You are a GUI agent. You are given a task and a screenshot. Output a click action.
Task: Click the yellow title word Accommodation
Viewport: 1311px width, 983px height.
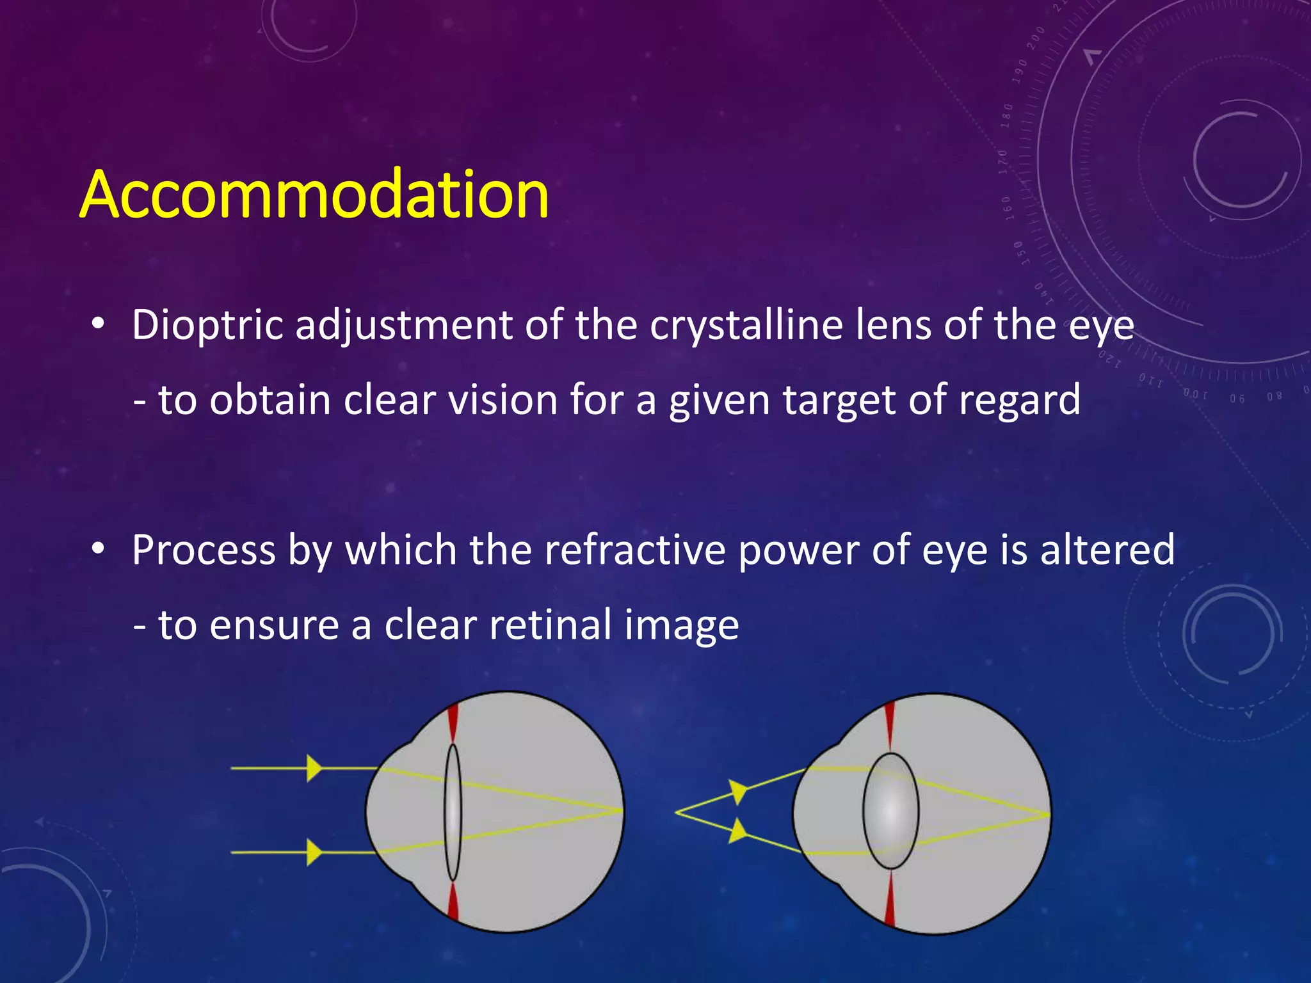point(314,194)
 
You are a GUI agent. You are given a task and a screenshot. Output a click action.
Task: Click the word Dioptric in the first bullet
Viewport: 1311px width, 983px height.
point(207,325)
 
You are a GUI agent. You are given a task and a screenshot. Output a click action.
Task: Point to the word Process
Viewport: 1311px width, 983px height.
point(203,550)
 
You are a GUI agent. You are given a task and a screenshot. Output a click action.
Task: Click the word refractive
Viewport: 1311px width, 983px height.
point(634,550)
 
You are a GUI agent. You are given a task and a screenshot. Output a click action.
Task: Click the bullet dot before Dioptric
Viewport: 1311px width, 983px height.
point(97,324)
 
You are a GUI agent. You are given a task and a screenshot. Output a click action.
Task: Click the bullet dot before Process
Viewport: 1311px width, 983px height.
point(97,548)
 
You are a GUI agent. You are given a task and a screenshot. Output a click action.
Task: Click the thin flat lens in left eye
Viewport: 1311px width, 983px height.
point(453,811)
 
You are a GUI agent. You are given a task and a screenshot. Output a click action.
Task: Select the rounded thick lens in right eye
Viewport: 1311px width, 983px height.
point(890,811)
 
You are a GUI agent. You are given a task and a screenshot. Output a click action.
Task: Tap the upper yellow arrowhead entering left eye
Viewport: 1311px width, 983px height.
point(314,768)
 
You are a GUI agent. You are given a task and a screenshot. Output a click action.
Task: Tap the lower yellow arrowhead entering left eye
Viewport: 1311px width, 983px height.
point(314,852)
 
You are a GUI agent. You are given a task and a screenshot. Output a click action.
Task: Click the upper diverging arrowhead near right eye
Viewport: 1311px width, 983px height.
point(739,791)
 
